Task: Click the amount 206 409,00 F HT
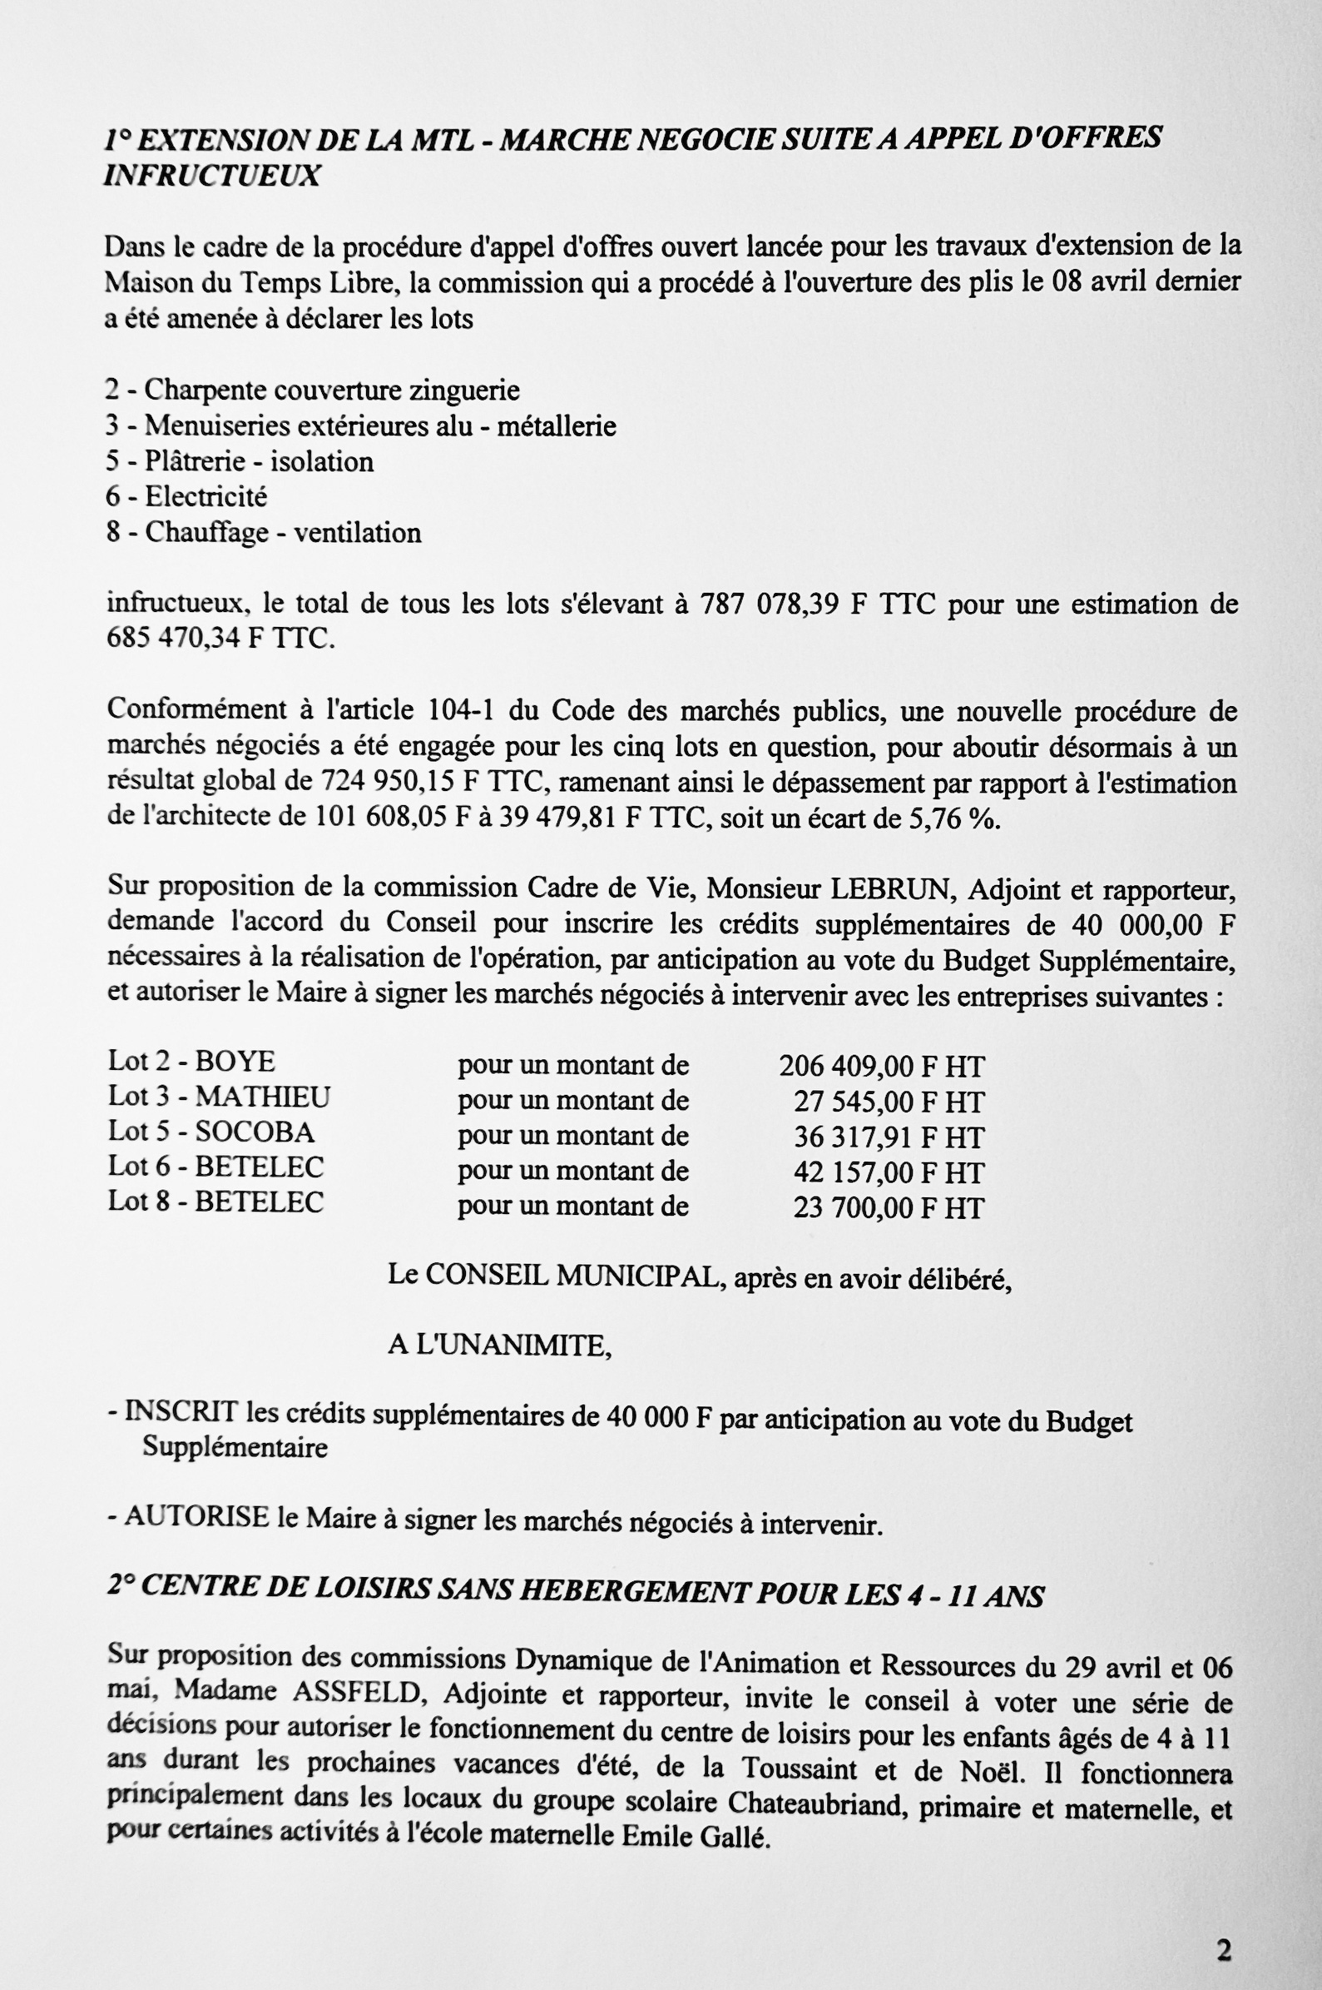pos(881,1067)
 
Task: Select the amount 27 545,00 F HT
pos(888,1102)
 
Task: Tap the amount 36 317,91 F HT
pos(888,1137)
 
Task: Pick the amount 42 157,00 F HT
pos(888,1172)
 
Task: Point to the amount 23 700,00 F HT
pos(888,1208)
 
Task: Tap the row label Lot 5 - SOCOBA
pos(210,1132)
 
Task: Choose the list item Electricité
pos(205,497)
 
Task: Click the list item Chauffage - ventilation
pos(282,532)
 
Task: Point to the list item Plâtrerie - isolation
pos(258,461)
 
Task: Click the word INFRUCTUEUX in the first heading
pos(211,176)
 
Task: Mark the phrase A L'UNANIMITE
pos(499,1345)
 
